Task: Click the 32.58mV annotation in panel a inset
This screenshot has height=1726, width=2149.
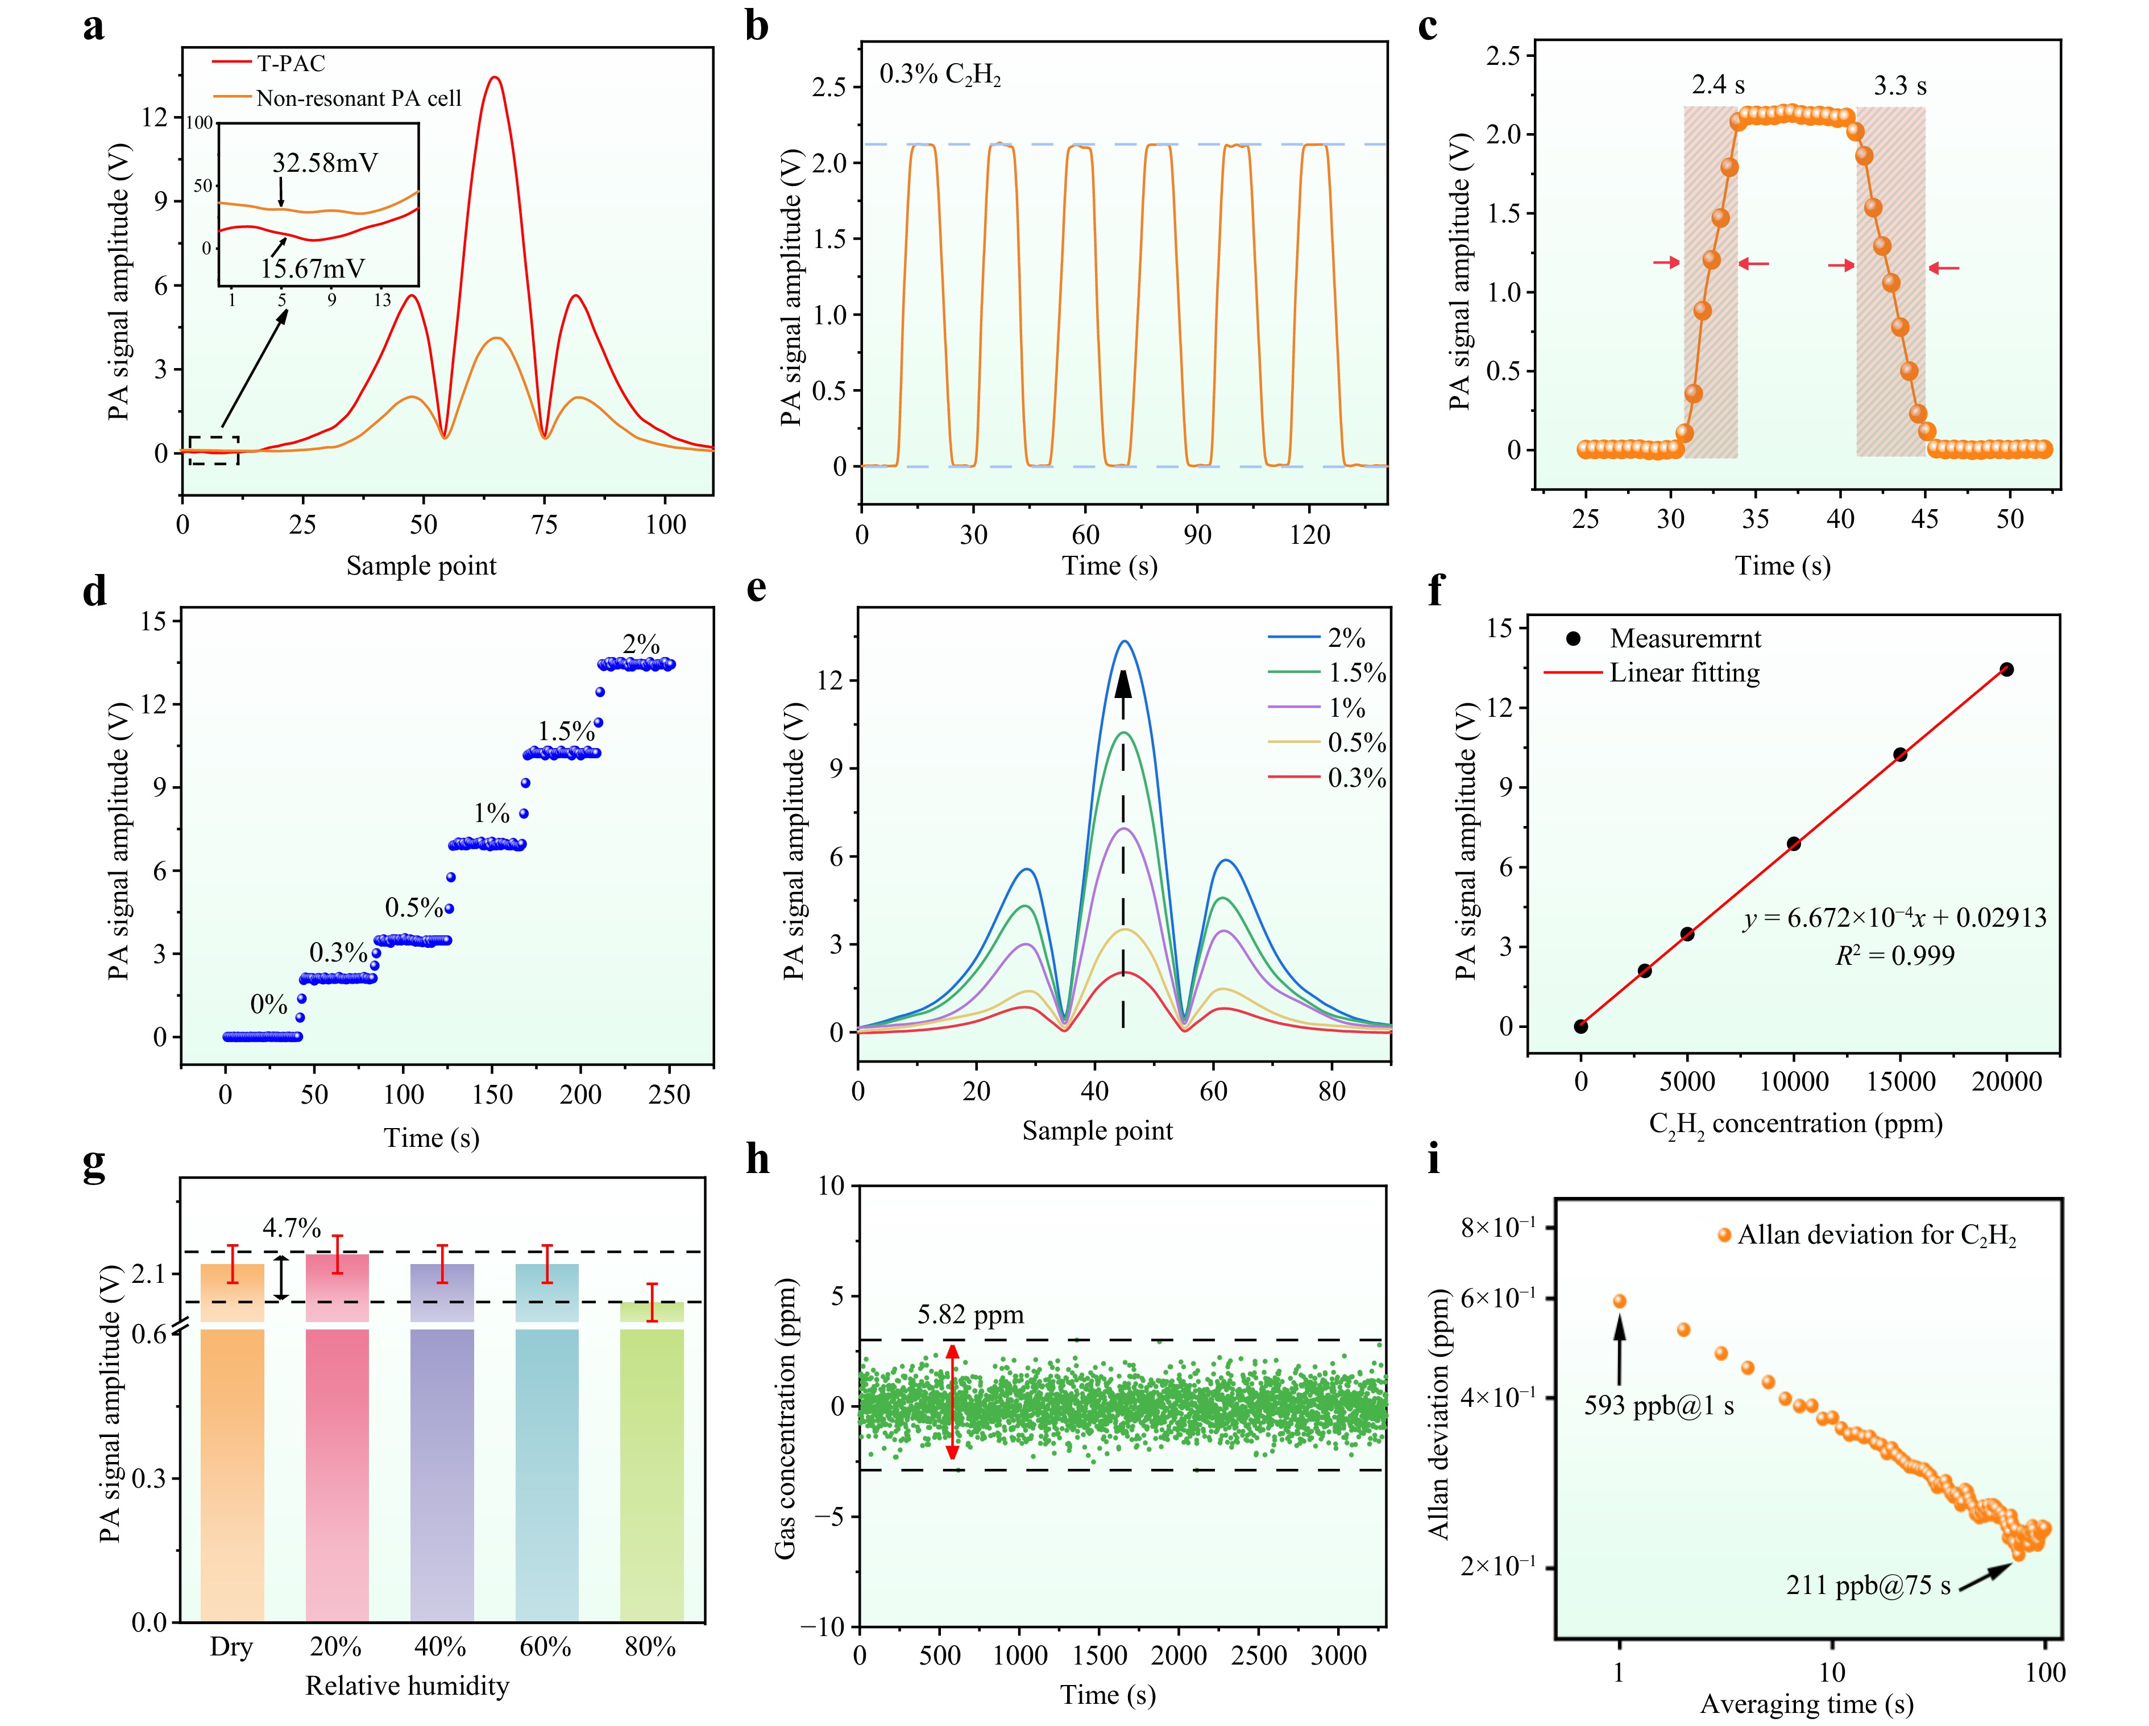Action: pyautogui.click(x=325, y=163)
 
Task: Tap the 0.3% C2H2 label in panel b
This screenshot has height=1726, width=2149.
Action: pyautogui.click(x=939, y=75)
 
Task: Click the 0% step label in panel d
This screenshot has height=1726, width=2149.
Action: pyautogui.click(x=268, y=1004)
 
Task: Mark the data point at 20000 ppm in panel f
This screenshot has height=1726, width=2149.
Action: pyautogui.click(x=2006, y=669)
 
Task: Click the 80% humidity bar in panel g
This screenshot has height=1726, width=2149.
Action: pyautogui.click(x=652, y=1476)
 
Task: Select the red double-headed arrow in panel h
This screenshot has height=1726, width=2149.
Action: pyautogui.click(x=953, y=1402)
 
